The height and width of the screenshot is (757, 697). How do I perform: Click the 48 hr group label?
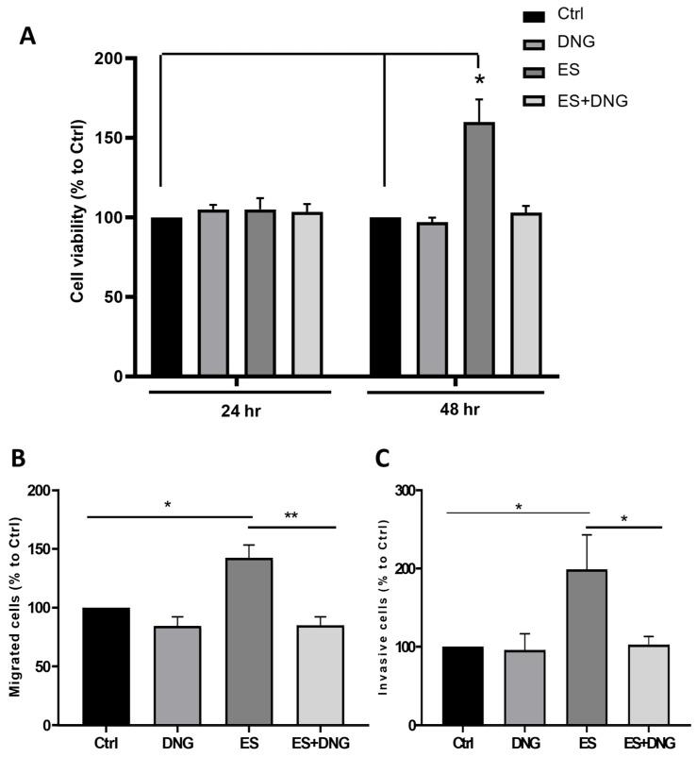tap(456, 412)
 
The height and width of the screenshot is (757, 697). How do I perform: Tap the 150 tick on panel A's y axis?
tap(120, 138)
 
